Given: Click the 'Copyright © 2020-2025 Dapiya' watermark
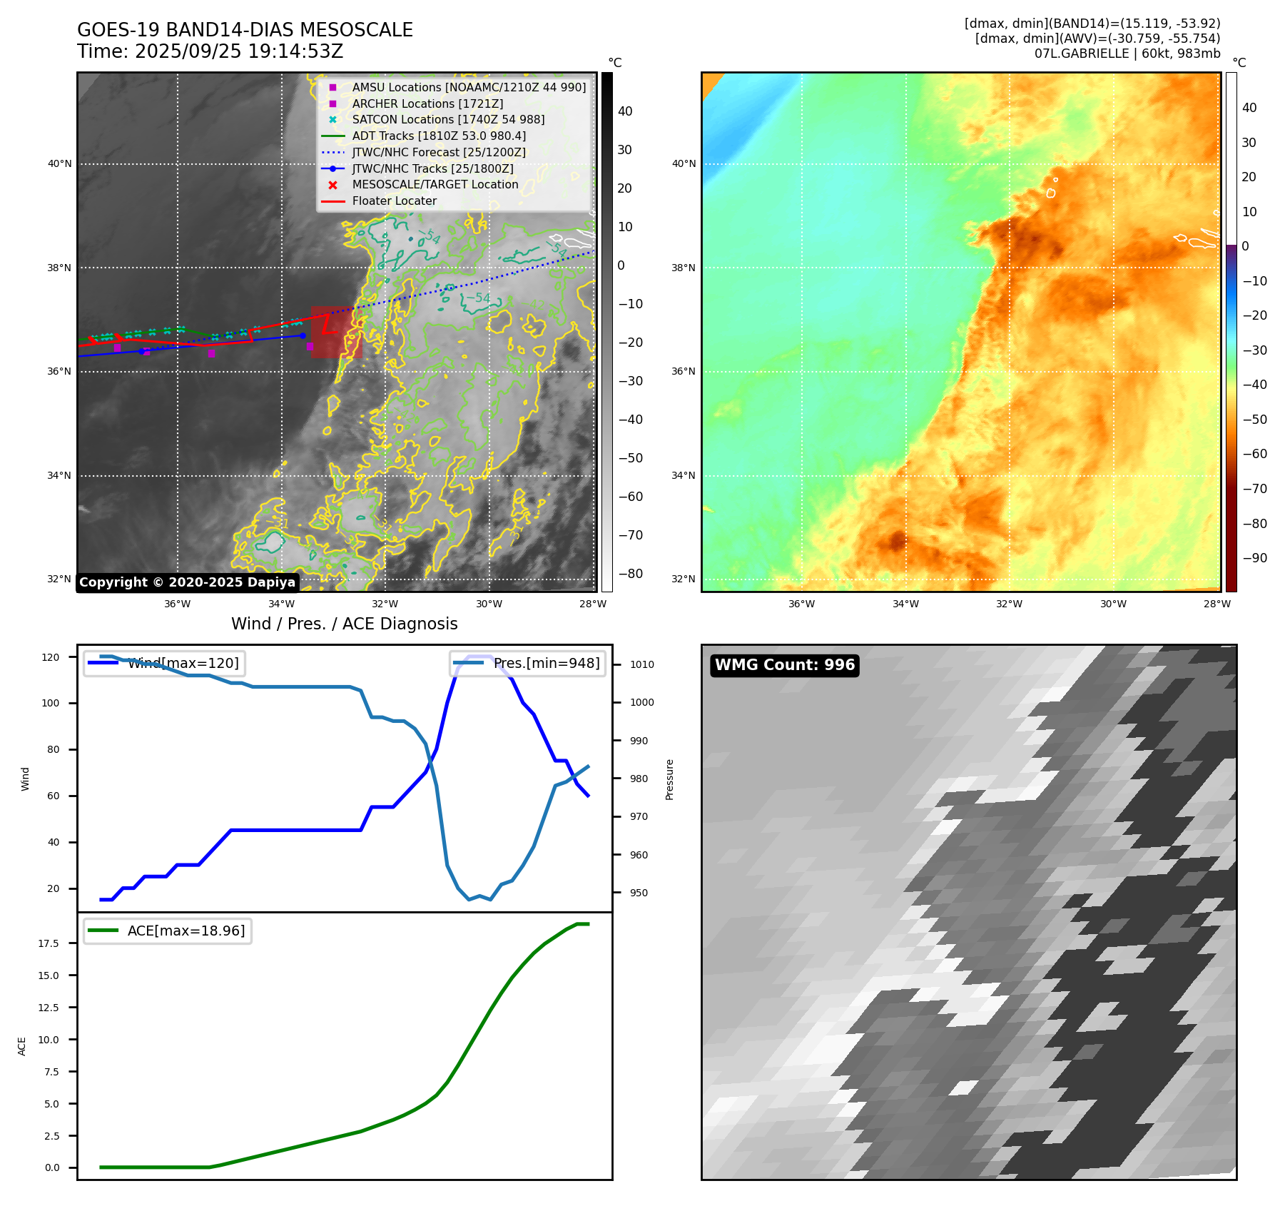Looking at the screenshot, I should click(187, 582).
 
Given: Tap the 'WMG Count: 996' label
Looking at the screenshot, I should click(784, 665).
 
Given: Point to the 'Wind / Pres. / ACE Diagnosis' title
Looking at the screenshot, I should click(344, 624).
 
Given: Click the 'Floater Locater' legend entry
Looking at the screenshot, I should click(394, 201).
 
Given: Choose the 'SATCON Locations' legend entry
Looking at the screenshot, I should click(447, 120).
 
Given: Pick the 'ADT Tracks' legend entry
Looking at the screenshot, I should click(439, 136).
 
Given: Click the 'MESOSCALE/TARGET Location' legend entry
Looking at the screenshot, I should click(435, 185).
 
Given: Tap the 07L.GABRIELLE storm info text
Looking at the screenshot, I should click(1127, 54).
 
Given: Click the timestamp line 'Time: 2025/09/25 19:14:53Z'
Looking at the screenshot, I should click(210, 52).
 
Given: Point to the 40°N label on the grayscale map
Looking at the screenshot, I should click(60, 164).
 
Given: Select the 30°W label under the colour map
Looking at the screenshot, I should click(1112, 604).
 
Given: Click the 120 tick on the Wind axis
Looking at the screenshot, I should click(51, 657).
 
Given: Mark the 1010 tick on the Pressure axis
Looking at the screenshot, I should click(641, 664).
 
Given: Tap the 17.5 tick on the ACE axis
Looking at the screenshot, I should click(49, 943).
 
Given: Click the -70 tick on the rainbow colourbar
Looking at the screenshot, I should click(1254, 489).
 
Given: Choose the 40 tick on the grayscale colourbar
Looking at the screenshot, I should click(625, 111).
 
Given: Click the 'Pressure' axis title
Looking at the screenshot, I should click(669, 779).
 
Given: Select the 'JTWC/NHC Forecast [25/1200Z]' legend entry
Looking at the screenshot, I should click(438, 153).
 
